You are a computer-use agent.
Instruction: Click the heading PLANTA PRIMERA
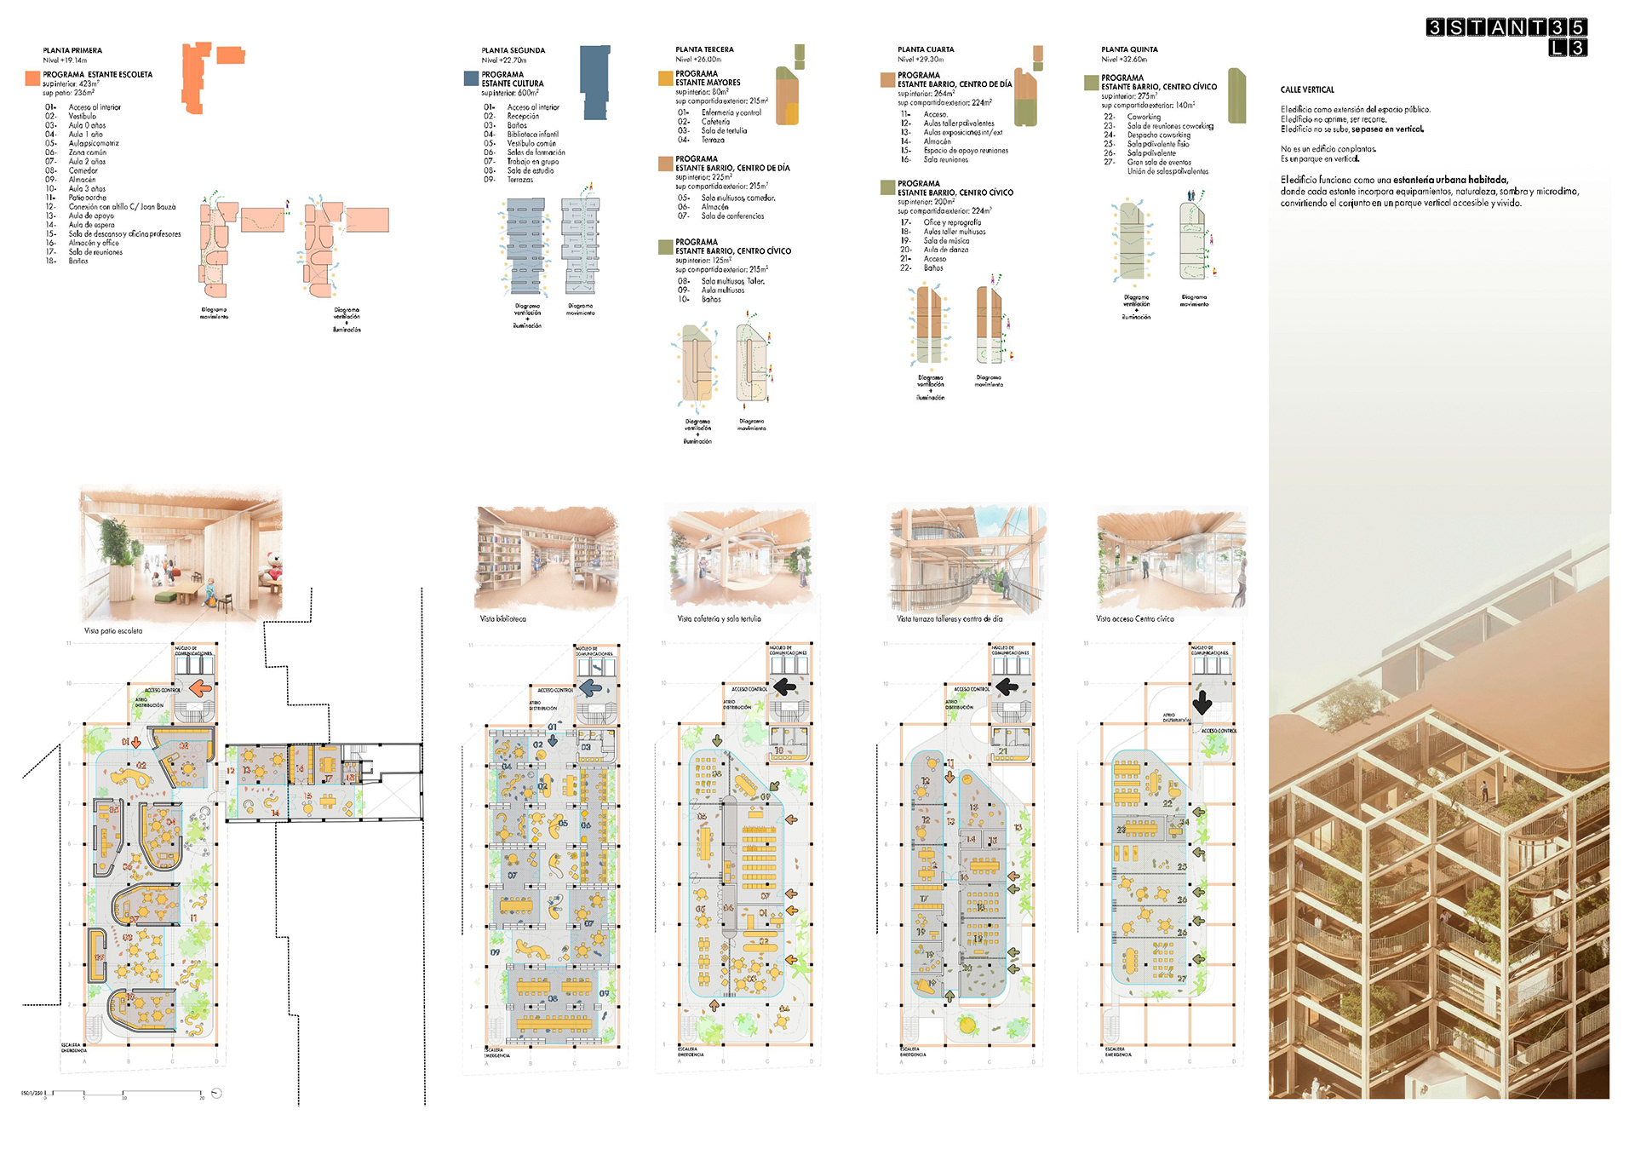click(x=72, y=50)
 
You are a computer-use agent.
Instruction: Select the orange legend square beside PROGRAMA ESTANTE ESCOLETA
click(x=32, y=78)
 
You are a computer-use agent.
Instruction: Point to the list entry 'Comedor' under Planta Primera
click(x=83, y=170)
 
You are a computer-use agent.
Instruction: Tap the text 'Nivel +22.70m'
click(x=503, y=60)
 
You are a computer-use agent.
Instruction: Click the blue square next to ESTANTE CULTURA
click(x=471, y=78)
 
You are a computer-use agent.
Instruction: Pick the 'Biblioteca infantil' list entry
click(x=532, y=135)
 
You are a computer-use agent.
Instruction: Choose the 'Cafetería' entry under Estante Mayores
click(x=715, y=122)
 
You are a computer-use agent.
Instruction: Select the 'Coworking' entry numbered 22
click(x=1143, y=117)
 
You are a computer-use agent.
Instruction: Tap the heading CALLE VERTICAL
click(x=1307, y=89)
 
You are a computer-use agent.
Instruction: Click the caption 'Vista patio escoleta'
click(x=113, y=631)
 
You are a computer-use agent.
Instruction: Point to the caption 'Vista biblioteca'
click(x=502, y=619)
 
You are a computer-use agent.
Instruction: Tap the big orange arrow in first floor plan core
click(x=201, y=688)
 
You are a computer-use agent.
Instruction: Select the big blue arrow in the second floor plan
click(x=590, y=687)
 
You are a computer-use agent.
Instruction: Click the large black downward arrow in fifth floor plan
click(x=1202, y=703)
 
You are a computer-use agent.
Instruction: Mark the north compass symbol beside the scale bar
click(x=216, y=1093)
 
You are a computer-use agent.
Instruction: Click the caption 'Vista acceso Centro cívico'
click(x=1134, y=619)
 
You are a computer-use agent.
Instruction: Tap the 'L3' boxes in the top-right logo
click(x=1567, y=48)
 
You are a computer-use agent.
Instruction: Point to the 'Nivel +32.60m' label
click(x=1123, y=60)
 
